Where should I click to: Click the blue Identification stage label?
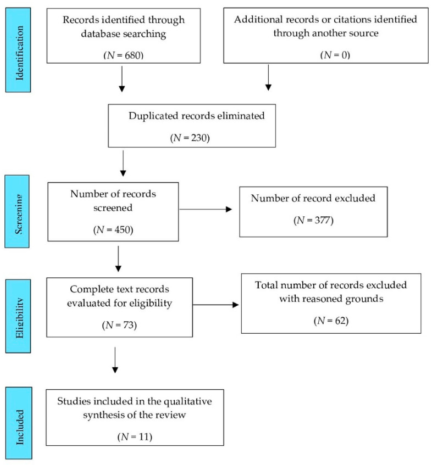click(x=18, y=50)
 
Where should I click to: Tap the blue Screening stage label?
click(x=17, y=211)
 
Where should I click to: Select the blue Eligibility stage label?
click(x=18, y=316)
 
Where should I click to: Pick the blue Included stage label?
click(x=19, y=423)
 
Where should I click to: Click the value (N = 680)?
click(x=124, y=55)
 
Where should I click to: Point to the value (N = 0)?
click(x=335, y=55)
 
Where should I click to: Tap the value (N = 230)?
click(x=190, y=138)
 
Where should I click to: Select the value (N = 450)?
click(x=113, y=230)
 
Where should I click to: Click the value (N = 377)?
click(x=313, y=220)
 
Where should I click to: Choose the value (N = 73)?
click(x=119, y=326)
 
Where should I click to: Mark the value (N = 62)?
click(x=331, y=321)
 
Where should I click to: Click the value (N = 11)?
click(x=135, y=437)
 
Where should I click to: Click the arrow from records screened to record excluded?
click(x=206, y=209)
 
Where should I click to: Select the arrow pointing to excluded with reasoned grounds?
click(x=216, y=305)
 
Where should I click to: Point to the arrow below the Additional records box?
click(x=268, y=78)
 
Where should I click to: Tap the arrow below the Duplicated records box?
click(x=123, y=164)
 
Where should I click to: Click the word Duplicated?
click(x=153, y=116)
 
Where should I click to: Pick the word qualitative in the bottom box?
click(x=188, y=401)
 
